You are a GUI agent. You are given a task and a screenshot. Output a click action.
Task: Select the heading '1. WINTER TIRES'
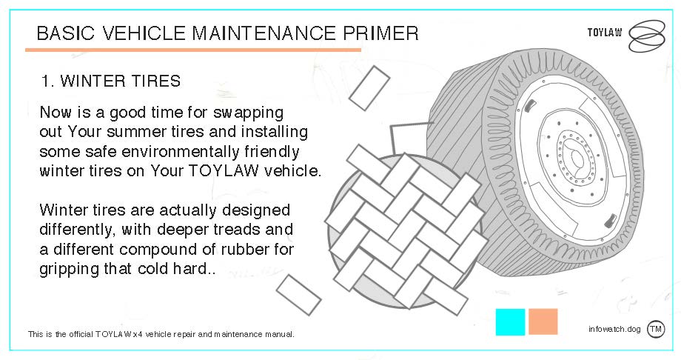point(110,81)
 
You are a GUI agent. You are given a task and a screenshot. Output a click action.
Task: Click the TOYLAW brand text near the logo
point(605,33)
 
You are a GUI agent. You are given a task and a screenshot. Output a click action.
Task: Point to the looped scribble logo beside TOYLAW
point(647,36)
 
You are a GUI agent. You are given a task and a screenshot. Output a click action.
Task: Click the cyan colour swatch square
point(510,321)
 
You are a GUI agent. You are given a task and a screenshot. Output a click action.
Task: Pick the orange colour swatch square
point(543,321)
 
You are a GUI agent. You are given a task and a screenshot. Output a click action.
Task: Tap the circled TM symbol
point(655,329)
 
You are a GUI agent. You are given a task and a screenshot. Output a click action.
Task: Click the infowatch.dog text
point(614,329)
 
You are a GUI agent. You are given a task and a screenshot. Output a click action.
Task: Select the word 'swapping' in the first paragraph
point(248,113)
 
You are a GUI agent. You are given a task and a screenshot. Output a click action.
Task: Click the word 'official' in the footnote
point(81,334)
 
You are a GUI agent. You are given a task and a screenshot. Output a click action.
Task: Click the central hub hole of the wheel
point(577,159)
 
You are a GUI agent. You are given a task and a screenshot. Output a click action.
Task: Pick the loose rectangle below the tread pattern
point(298,295)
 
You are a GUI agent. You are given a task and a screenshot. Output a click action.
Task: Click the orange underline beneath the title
point(193,50)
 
